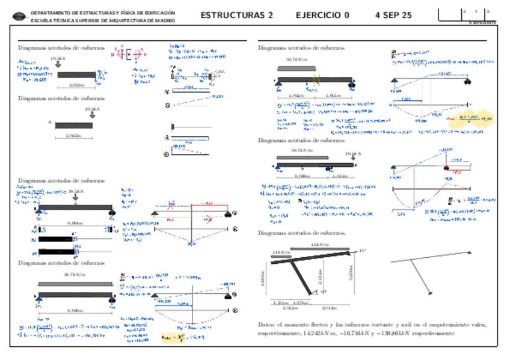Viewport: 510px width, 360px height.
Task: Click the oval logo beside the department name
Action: pyautogui.click(x=20, y=16)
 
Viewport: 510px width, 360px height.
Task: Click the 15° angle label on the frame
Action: pyautogui.click(x=362, y=250)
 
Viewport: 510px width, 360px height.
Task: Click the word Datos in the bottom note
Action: pyautogui.click(x=267, y=325)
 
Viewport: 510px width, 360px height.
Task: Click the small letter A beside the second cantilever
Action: pyautogui.click(x=49, y=122)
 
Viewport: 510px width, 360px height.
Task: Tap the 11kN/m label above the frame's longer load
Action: pyautogui.click(x=319, y=244)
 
